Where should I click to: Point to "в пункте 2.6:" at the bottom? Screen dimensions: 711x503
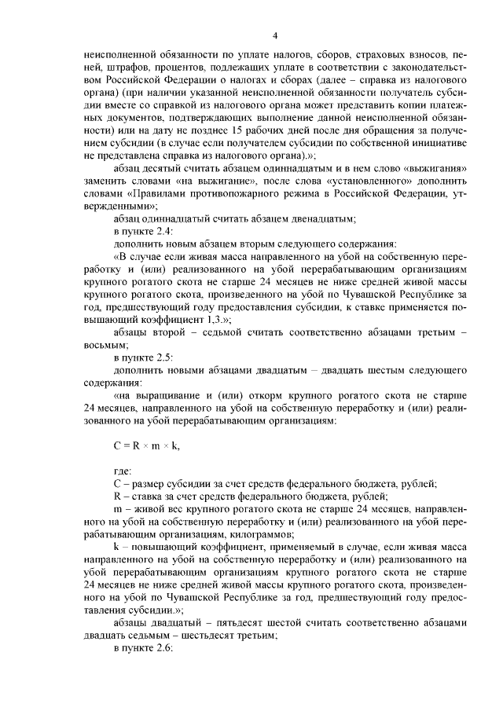point(141,650)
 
